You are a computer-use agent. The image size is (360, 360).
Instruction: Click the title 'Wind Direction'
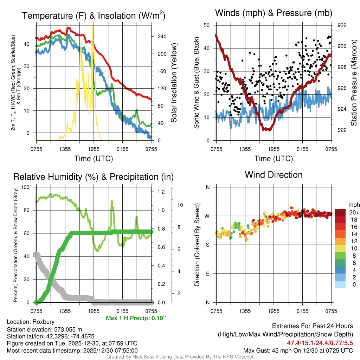pos(274,175)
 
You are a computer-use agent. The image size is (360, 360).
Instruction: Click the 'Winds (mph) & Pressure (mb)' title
pos(274,13)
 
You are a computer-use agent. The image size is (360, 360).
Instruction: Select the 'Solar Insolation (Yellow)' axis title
pos(174,83)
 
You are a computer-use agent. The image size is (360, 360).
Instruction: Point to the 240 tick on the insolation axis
pos(162,37)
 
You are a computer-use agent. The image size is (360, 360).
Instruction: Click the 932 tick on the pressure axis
pos(342,25)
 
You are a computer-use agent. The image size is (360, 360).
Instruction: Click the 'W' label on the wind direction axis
pos(207,216)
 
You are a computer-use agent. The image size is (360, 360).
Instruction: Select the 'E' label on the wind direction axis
pos(208,274)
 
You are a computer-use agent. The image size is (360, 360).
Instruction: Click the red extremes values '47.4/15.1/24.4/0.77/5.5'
pos(320,343)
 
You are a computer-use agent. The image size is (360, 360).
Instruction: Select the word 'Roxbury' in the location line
pos(43,322)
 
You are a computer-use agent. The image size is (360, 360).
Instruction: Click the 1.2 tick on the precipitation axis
pos(161,192)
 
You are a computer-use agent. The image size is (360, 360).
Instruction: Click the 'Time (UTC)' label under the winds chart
pos(274,159)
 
